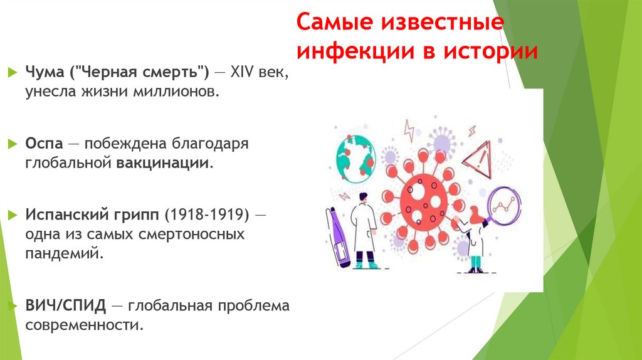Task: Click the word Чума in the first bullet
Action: (45, 73)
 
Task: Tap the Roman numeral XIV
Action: (242, 73)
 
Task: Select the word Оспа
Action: (45, 144)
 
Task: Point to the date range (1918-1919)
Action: (207, 214)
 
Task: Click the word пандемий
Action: (65, 253)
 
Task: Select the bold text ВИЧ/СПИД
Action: (65, 305)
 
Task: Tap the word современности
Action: (85, 325)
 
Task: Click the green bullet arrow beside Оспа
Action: (13, 144)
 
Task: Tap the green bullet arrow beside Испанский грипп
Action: (13, 214)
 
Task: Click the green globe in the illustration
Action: (356, 159)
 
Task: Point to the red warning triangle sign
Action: (479, 161)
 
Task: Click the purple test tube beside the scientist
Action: (338, 238)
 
